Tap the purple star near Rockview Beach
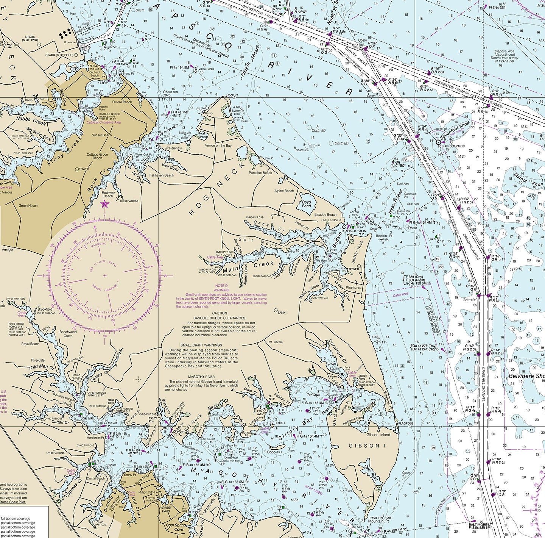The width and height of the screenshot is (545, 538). [104, 205]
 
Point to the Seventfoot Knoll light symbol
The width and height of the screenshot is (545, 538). [438, 142]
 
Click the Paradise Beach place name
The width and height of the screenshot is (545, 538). [260, 173]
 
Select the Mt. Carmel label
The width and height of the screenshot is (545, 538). [276, 342]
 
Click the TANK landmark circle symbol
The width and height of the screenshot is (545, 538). [276, 310]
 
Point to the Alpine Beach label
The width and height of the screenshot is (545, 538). [284, 191]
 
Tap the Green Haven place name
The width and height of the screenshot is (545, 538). [28, 206]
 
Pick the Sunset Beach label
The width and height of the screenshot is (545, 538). [102, 135]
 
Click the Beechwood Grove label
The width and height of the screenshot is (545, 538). [68, 334]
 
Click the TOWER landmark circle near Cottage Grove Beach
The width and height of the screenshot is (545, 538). [77, 169]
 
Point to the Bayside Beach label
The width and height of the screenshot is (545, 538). [325, 214]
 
